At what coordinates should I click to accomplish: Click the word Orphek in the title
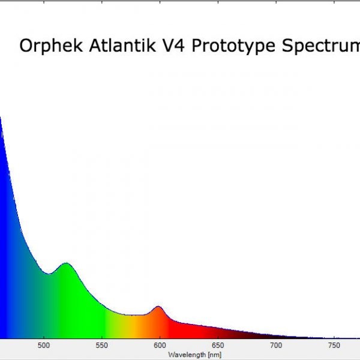click(51, 46)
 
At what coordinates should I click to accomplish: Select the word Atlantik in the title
click(122, 45)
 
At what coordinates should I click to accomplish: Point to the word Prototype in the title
click(233, 46)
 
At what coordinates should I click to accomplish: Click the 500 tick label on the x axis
click(44, 346)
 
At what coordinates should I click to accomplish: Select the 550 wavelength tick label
click(102, 346)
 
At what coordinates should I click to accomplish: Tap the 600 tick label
click(160, 346)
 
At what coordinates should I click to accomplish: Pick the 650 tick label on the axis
click(218, 346)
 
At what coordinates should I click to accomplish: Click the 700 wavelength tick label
click(276, 346)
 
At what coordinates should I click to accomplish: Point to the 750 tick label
click(334, 346)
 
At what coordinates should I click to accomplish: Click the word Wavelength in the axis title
click(187, 355)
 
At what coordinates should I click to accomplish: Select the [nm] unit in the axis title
click(214, 355)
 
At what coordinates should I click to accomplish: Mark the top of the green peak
click(67, 263)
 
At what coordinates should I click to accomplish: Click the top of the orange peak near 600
click(158, 307)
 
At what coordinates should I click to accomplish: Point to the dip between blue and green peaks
click(49, 274)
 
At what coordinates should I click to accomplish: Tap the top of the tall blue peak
click(1, 117)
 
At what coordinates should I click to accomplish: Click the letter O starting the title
click(26, 46)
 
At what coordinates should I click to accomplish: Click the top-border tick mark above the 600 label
click(160, 2)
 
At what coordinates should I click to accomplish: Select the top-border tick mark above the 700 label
click(276, 2)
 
